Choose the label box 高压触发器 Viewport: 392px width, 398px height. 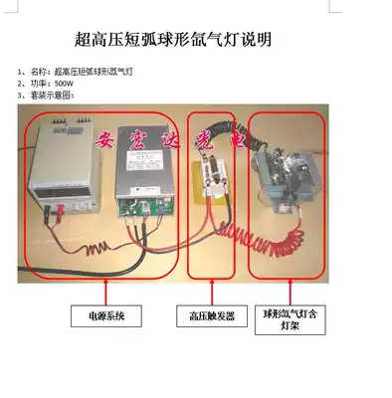[211, 316]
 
